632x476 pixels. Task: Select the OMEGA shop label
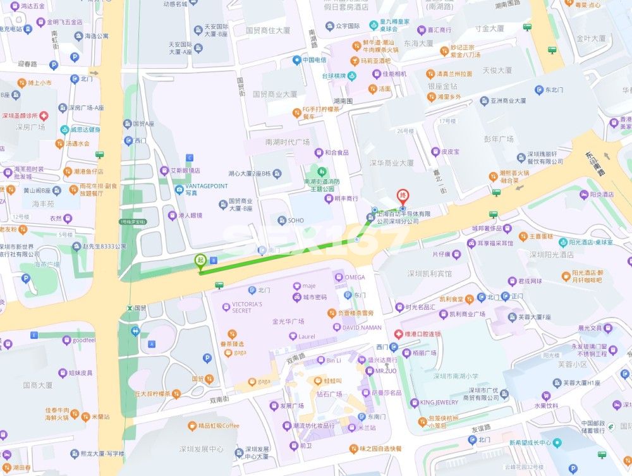point(354,277)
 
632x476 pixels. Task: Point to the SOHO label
point(295,221)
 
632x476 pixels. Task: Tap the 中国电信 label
point(314,60)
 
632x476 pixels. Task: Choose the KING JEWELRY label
point(439,403)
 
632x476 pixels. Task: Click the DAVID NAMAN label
point(362,327)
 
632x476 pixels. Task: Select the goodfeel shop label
point(83,340)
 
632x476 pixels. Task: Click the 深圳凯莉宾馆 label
point(430,274)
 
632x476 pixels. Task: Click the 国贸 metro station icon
point(130,308)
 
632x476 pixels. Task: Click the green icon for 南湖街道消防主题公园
point(321,172)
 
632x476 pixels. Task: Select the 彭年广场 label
point(498,139)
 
